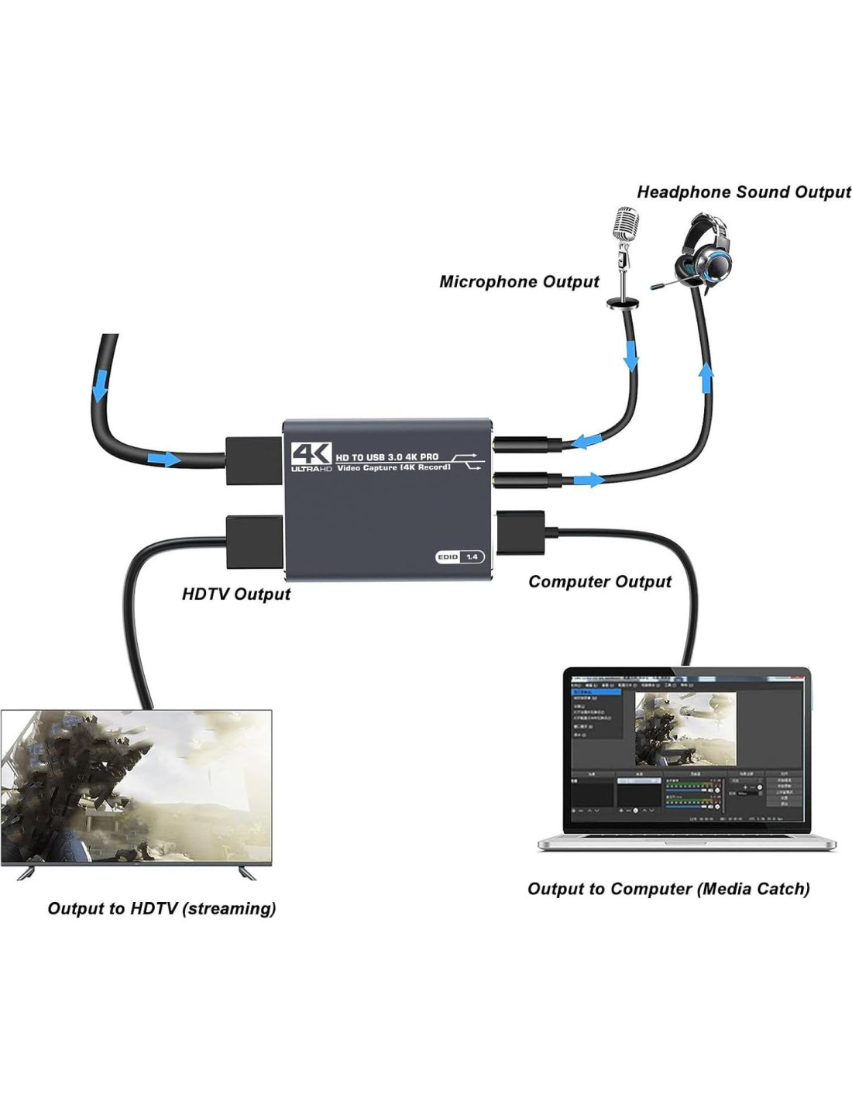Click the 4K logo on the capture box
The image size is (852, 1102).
tap(311, 454)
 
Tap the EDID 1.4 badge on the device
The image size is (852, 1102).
tap(459, 556)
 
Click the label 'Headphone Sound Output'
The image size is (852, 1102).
tap(743, 192)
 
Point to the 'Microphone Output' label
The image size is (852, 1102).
tap(519, 281)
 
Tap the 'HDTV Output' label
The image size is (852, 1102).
tap(235, 594)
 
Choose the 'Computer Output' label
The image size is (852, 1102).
tap(599, 581)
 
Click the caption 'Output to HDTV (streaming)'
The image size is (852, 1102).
tap(161, 907)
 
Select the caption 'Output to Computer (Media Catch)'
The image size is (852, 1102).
tap(668, 888)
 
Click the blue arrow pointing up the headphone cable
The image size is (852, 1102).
tap(706, 379)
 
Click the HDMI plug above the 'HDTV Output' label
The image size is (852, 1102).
tap(254, 543)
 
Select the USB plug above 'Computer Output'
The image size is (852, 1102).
tap(521, 533)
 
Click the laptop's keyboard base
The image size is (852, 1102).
tap(686, 842)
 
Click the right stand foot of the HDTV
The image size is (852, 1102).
tap(247, 873)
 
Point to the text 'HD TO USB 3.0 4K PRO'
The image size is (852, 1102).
tap(386, 457)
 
